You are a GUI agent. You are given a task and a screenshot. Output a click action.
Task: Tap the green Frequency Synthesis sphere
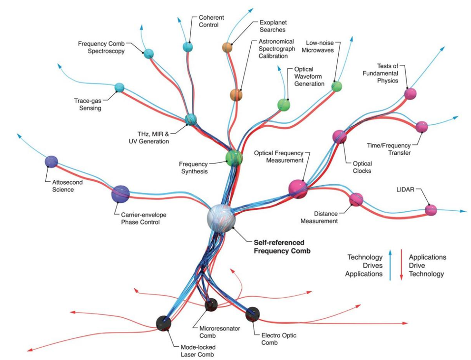click(234, 158)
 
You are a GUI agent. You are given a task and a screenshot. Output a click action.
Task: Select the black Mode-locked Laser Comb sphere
click(164, 323)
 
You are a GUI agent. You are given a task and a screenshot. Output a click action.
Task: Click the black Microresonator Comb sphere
click(211, 305)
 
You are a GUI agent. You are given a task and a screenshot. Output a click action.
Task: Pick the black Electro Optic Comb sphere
click(252, 314)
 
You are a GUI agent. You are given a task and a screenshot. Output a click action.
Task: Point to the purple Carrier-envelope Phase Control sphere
click(120, 194)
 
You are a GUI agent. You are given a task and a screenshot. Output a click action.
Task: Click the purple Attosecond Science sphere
click(51, 162)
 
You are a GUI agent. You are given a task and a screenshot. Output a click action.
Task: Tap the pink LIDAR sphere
click(431, 210)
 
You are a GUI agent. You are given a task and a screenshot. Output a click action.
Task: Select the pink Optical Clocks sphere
click(339, 137)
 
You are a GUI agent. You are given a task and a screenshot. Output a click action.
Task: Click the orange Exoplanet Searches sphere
click(228, 48)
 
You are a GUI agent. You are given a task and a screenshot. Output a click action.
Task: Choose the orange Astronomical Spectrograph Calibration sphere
click(236, 95)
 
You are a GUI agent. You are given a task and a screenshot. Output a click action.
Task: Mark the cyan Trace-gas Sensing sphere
click(119, 87)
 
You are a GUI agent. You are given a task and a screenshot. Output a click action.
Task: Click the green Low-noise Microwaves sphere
click(337, 86)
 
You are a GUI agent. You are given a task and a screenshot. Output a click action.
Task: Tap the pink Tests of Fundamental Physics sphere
click(411, 94)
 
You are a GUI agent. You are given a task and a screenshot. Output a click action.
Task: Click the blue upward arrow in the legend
click(390, 265)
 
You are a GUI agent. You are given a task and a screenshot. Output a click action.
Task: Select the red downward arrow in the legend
click(401, 265)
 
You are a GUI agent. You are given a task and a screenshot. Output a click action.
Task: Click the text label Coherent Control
click(211, 21)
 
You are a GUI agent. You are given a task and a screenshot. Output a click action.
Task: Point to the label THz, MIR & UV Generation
click(149, 138)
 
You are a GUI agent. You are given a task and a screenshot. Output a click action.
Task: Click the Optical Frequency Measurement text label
click(279, 157)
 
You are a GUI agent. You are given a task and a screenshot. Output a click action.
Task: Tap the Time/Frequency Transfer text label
click(389, 149)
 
